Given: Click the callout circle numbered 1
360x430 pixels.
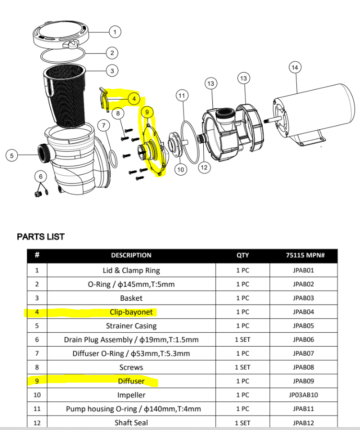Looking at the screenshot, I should coord(115,32).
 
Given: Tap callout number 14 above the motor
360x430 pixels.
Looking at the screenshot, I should coord(295,68).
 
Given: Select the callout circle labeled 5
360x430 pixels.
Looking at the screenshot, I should coord(12,155).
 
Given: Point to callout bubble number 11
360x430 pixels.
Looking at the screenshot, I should coord(181,96).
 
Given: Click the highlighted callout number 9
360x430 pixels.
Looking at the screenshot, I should coord(147,112).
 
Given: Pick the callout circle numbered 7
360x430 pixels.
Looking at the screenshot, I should coord(103,125).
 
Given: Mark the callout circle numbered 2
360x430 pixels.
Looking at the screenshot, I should coord(112,53).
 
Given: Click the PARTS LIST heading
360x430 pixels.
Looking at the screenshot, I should coord(41,237).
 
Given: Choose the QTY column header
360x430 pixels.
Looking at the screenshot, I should coord(243,255).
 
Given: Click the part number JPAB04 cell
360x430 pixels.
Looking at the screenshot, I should coord(303,312).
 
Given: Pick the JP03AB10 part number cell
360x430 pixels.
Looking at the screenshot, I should coord(303,395).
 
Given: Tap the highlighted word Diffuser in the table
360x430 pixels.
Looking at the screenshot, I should coord(131,381).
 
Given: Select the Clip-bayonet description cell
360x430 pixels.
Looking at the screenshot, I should coord(131,312).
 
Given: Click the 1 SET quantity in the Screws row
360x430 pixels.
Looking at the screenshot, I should coord(243,367).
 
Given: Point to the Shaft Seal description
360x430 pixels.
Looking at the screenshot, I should coord(131,422).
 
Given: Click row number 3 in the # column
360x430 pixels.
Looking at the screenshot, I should coord(37,298).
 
